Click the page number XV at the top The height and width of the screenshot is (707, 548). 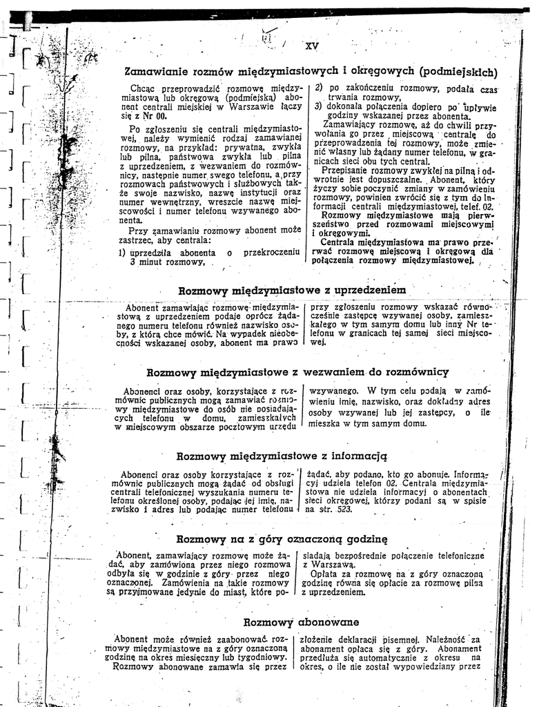[311, 46]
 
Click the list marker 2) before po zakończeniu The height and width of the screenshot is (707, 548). [319, 88]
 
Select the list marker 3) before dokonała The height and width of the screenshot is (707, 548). [319, 107]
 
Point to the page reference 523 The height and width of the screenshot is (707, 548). [343, 509]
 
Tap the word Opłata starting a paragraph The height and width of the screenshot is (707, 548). [326, 573]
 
